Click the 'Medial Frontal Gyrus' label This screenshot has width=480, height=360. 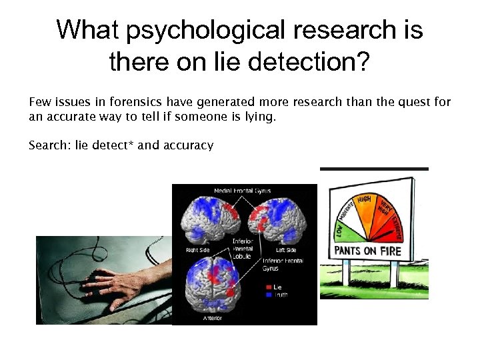click(x=242, y=191)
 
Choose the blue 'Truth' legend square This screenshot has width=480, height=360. click(x=267, y=295)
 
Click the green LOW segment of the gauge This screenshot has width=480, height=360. click(x=340, y=230)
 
